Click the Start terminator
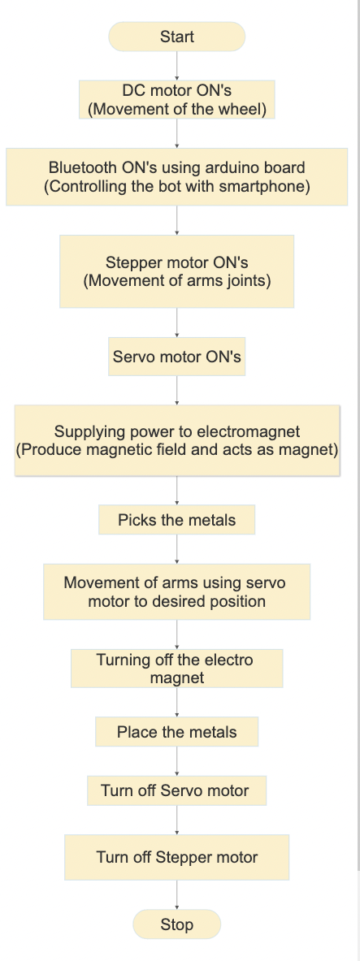pyautogui.click(x=176, y=37)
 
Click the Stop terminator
pyautogui.click(x=176, y=924)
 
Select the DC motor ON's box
pyautogui.click(x=176, y=99)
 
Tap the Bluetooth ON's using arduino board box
pyautogui.click(x=176, y=177)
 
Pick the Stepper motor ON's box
pyautogui.click(x=176, y=271)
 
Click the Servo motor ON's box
pyautogui.click(x=176, y=357)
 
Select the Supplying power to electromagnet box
pyautogui.click(x=176, y=439)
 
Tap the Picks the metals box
pyautogui.click(x=176, y=520)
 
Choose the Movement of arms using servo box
pyautogui.click(x=176, y=592)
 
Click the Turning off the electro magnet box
pyautogui.click(x=176, y=669)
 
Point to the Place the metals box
pyautogui.click(x=176, y=732)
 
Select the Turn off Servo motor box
pyautogui.click(x=176, y=790)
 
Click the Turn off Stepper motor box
pyautogui.click(x=176, y=857)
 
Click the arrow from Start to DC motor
pyautogui.click(x=176, y=65)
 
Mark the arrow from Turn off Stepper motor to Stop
pyautogui.click(x=176, y=894)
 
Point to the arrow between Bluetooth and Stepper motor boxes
pyautogui.click(x=176, y=220)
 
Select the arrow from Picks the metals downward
pyautogui.click(x=176, y=549)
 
